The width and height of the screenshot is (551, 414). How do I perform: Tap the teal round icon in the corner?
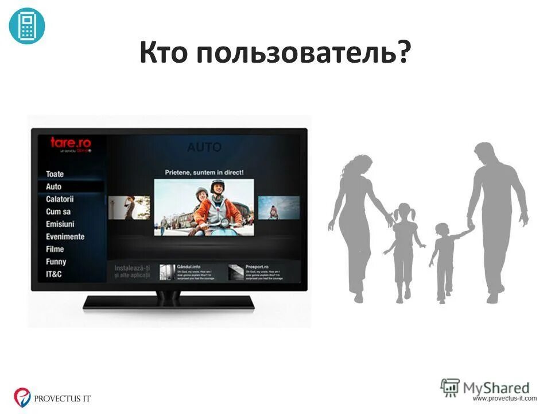[27, 26]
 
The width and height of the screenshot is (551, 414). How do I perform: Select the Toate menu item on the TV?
[55, 174]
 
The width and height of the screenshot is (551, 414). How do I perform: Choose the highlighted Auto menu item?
[54, 186]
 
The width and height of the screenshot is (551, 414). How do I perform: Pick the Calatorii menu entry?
[60, 199]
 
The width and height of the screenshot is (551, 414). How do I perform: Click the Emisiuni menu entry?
[60, 224]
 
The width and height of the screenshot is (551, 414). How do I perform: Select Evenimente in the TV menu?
[65, 236]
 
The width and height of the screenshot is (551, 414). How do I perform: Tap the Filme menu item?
[55, 249]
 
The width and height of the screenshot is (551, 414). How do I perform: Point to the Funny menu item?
[56, 262]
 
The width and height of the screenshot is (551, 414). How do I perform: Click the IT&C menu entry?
[54, 274]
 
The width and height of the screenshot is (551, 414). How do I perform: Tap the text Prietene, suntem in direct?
[204, 172]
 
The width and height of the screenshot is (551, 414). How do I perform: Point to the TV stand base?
[168, 302]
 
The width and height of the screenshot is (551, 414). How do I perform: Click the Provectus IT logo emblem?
[22, 396]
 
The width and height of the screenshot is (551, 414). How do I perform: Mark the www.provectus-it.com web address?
[505, 398]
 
